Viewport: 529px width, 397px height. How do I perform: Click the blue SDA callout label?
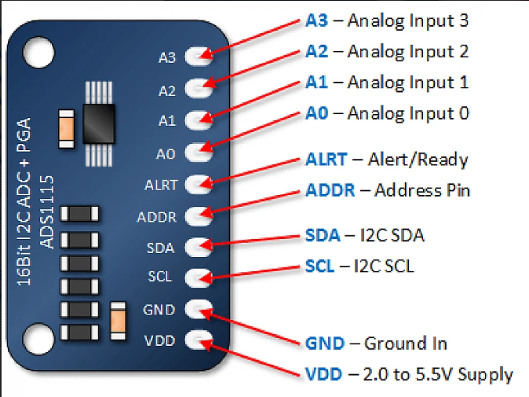tap(322, 235)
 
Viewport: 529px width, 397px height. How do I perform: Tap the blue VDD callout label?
tap(323, 374)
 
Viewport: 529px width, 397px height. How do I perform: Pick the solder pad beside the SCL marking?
tap(199, 277)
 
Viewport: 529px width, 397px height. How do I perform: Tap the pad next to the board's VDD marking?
tap(199, 340)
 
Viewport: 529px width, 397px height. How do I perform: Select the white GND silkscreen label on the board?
tap(159, 309)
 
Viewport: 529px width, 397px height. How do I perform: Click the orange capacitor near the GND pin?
tap(119, 321)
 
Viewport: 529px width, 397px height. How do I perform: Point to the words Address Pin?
tap(422, 190)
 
